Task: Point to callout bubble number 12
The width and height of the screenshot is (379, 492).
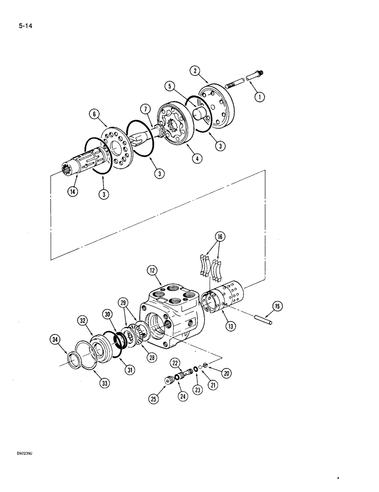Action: click(x=152, y=270)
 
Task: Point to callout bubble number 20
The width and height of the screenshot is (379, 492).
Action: click(x=226, y=372)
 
